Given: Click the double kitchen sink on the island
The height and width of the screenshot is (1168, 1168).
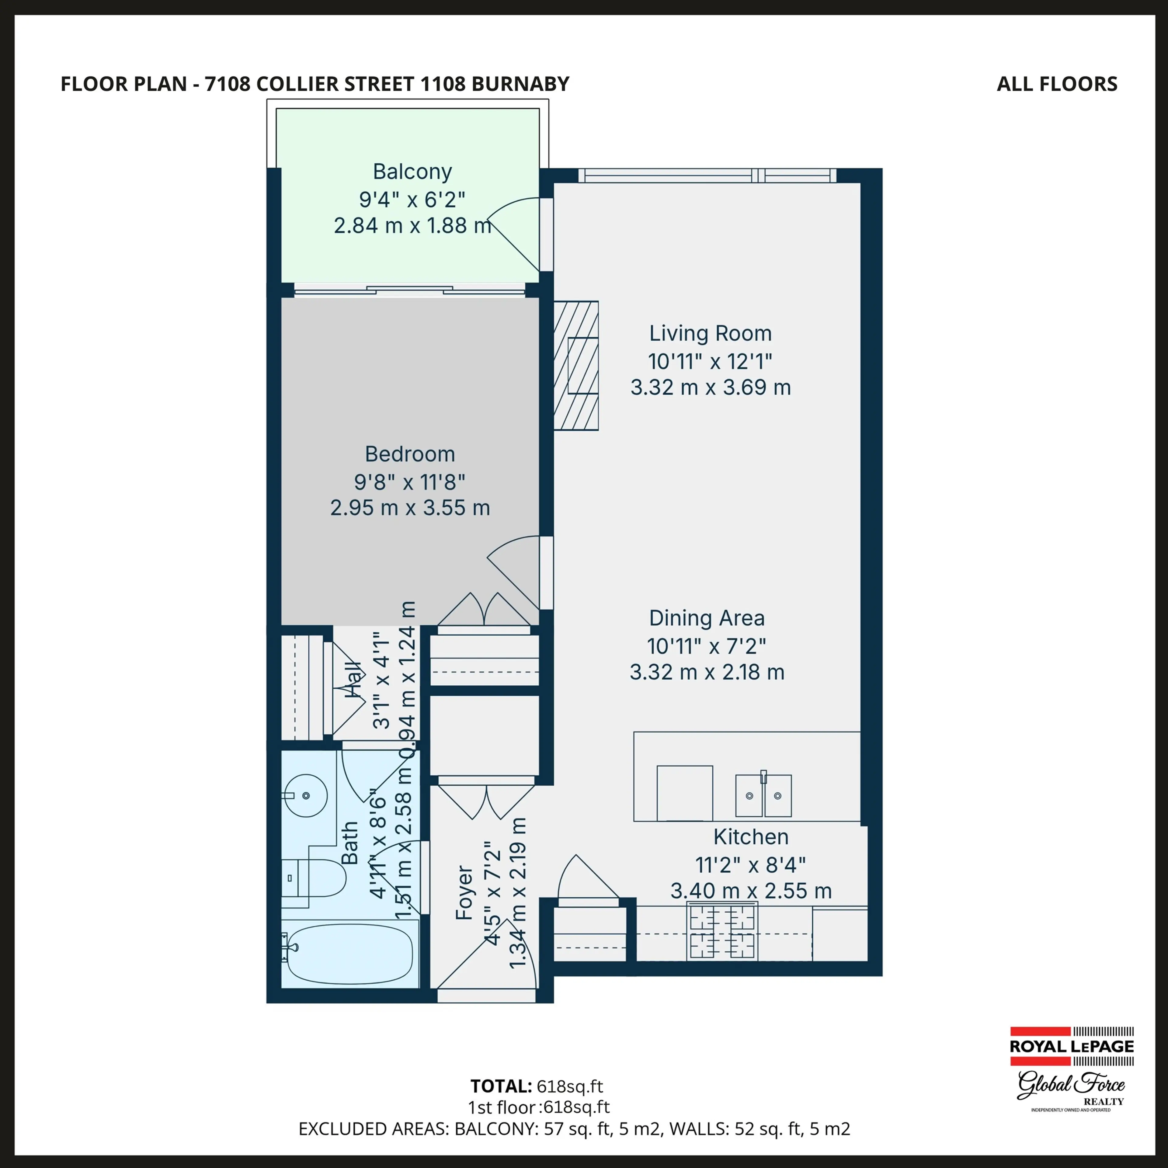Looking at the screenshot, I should (x=763, y=796).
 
